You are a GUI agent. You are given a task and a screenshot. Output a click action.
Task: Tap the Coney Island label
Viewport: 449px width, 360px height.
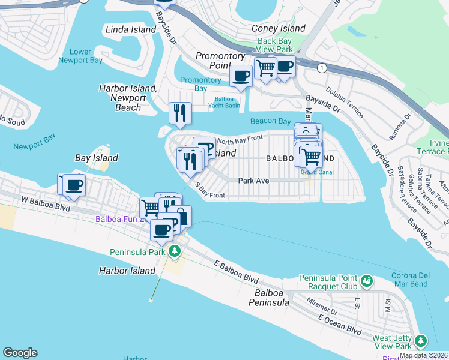coord(279,28)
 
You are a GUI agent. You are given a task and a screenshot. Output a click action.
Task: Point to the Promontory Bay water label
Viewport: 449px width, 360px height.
coord(200,84)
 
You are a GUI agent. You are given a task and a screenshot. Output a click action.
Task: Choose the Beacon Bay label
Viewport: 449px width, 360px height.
coord(270,121)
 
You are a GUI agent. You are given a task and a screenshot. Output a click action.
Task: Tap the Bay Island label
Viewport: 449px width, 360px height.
coord(96,158)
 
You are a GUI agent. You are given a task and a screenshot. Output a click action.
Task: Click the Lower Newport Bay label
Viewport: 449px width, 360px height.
coord(80,56)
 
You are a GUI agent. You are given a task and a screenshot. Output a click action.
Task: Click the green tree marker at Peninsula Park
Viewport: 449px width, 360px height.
coord(174,251)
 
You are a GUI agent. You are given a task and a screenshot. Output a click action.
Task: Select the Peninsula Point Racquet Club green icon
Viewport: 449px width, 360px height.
coord(366,280)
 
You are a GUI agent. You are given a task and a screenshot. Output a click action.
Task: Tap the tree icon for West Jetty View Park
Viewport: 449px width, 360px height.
coord(421,341)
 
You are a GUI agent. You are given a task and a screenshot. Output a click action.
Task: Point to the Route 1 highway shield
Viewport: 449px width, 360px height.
coord(323,68)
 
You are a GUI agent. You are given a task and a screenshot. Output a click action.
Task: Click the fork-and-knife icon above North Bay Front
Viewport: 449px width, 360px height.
coord(179,112)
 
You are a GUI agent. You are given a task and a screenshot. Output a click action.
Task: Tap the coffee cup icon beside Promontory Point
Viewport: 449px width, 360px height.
coord(241,76)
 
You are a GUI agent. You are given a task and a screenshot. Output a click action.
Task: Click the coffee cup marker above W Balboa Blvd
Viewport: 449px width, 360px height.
coord(74,185)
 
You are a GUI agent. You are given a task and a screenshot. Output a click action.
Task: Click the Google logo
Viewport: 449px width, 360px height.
coord(20,353)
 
